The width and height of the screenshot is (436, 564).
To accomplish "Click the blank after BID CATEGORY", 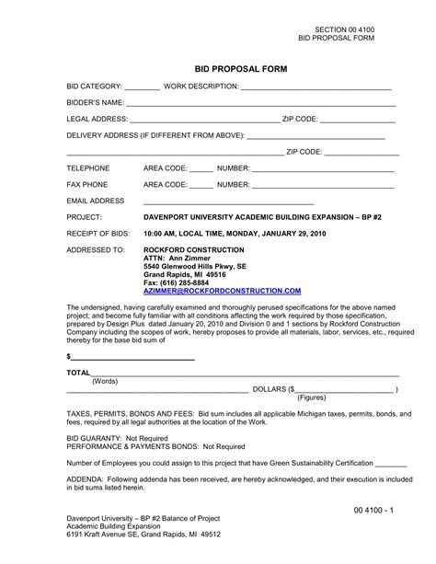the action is [142, 88].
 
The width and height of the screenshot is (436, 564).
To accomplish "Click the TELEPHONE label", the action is [88, 168].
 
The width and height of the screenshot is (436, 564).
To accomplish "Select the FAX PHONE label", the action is [87, 184].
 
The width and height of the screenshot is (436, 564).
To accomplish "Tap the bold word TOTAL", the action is [78, 374].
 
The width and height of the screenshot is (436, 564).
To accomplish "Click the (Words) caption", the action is [105, 381].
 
